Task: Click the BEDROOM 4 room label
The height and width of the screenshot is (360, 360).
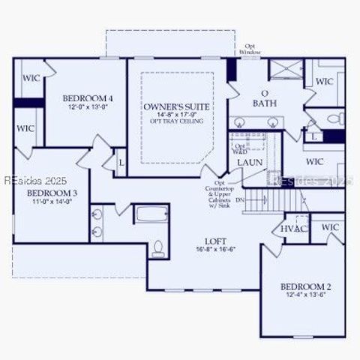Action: [88, 98]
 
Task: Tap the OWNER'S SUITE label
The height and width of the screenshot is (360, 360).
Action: [176, 107]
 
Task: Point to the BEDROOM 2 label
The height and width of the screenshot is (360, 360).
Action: [306, 286]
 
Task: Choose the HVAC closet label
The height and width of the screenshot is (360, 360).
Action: [295, 228]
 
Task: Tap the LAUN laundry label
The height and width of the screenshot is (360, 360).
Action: [249, 162]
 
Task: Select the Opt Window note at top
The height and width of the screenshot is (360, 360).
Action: [250, 49]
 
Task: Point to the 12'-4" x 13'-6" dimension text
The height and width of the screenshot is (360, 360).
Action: [306, 295]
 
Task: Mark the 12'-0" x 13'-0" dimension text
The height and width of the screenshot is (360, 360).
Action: [88, 107]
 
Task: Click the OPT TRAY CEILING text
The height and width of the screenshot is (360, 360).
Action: [176, 121]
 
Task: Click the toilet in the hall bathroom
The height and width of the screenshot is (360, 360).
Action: [157, 246]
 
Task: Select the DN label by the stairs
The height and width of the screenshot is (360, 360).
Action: [260, 200]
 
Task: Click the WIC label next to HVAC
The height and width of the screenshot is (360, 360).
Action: [330, 227]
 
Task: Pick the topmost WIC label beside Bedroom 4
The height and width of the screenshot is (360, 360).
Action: [31, 78]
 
